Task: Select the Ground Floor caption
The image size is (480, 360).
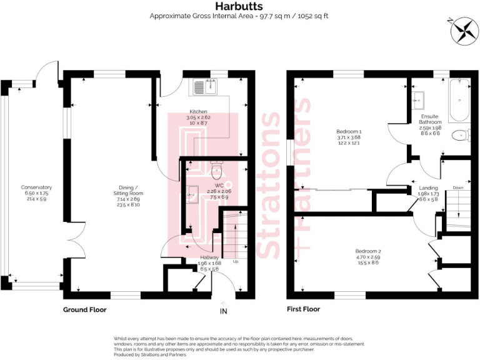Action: [84, 309]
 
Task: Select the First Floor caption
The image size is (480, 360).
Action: [303, 309]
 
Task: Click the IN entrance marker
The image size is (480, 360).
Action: [224, 310]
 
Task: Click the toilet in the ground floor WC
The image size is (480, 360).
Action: [216, 169]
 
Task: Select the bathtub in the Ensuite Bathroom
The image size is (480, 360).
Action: [461, 99]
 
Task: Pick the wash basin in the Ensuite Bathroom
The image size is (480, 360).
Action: [419, 97]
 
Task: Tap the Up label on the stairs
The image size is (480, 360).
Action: [236, 261]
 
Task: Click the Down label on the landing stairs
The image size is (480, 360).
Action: [457, 187]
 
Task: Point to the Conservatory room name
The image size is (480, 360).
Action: [36, 187]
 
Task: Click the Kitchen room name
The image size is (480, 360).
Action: [199, 112]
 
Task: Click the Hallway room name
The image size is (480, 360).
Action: [209, 257]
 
